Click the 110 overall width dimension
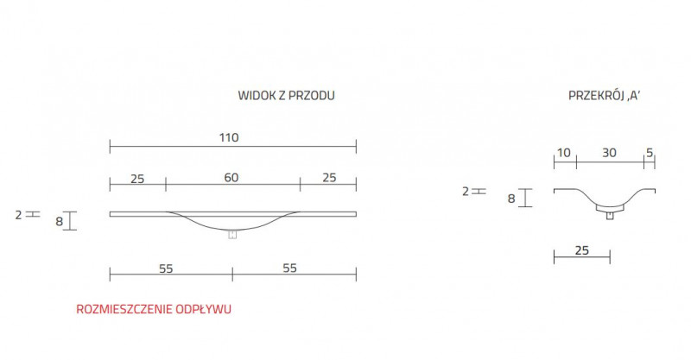tap(228, 137)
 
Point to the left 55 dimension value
tap(166, 268)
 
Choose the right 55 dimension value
tap(289, 268)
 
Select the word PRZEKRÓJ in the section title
tap(590, 96)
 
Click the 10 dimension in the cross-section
tap(564, 153)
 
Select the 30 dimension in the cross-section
tap(609, 153)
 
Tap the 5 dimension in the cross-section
tap(649, 153)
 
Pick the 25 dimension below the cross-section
tap(581, 250)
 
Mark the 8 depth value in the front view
tap(59, 221)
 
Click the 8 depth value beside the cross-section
tap(511, 199)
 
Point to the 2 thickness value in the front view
tap(18, 212)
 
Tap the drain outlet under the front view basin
tap(231, 235)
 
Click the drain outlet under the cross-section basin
tap(610, 215)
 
